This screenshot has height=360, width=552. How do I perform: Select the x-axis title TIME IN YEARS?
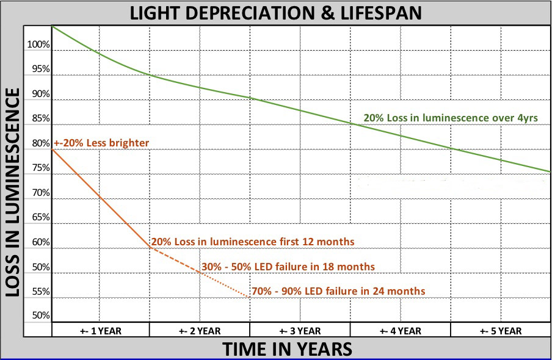(286, 348)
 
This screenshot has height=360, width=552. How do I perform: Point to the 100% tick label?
(38, 45)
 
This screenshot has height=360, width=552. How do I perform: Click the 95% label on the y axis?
(40, 70)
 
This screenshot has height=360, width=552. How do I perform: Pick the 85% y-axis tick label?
(40, 119)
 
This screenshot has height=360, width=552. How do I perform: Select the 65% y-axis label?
(40, 217)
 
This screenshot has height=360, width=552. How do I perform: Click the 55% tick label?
(40, 292)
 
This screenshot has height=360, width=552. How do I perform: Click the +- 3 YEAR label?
(300, 331)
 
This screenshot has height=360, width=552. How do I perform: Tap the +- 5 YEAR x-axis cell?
(500, 331)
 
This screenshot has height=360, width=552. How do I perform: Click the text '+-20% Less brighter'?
(101, 143)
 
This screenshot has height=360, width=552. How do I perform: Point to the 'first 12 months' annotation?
(253, 242)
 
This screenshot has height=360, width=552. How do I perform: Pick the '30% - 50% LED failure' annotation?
(288, 267)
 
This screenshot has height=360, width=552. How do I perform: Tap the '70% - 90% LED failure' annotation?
(338, 291)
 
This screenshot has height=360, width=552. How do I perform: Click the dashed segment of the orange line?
(175, 259)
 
